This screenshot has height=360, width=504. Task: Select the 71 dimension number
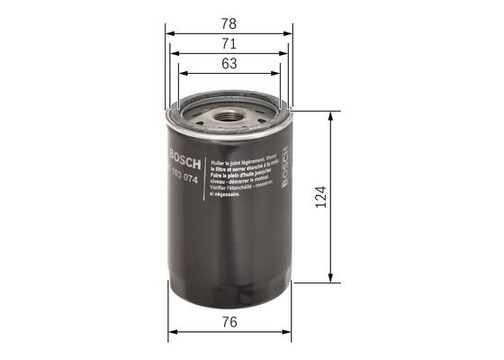(x=229, y=41)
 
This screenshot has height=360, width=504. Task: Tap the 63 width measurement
(x=229, y=63)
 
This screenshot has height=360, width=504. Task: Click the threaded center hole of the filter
(x=229, y=116)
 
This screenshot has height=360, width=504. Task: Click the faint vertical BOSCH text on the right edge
(x=284, y=170)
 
